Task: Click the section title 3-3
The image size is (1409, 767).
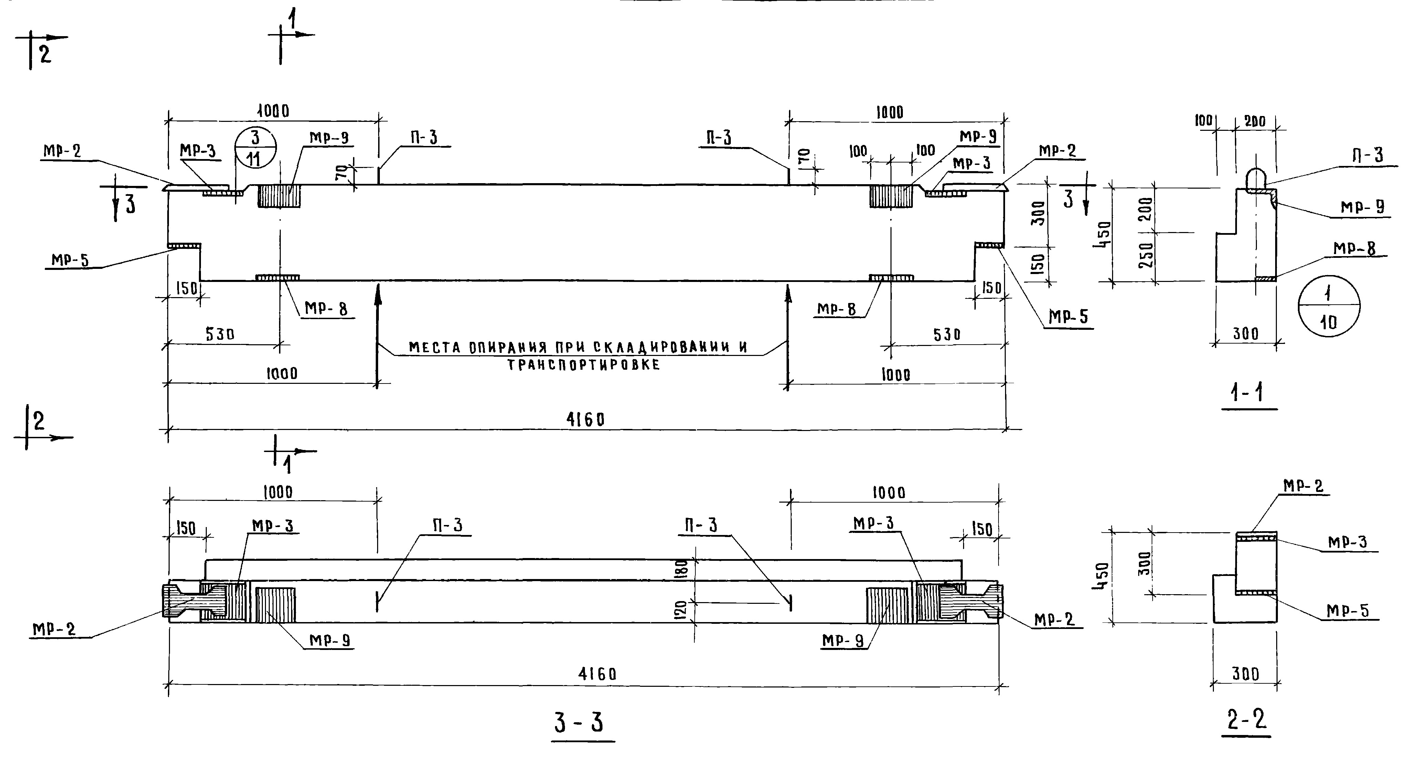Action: pyautogui.click(x=579, y=722)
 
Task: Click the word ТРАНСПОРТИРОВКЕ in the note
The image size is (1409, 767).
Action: pyautogui.click(x=583, y=365)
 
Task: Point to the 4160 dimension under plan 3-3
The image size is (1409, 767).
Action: pyautogui.click(x=597, y=674)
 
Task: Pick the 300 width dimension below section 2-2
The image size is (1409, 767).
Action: pyautogui.click(x=1246, y=674)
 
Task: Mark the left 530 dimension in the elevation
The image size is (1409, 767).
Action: pyautogui.click(x=220, y=334)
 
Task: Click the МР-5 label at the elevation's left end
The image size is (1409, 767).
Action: pyautogui.click(x=70, y=260)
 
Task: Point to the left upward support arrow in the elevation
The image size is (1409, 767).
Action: pyautogui.click(x=377, y=334)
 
